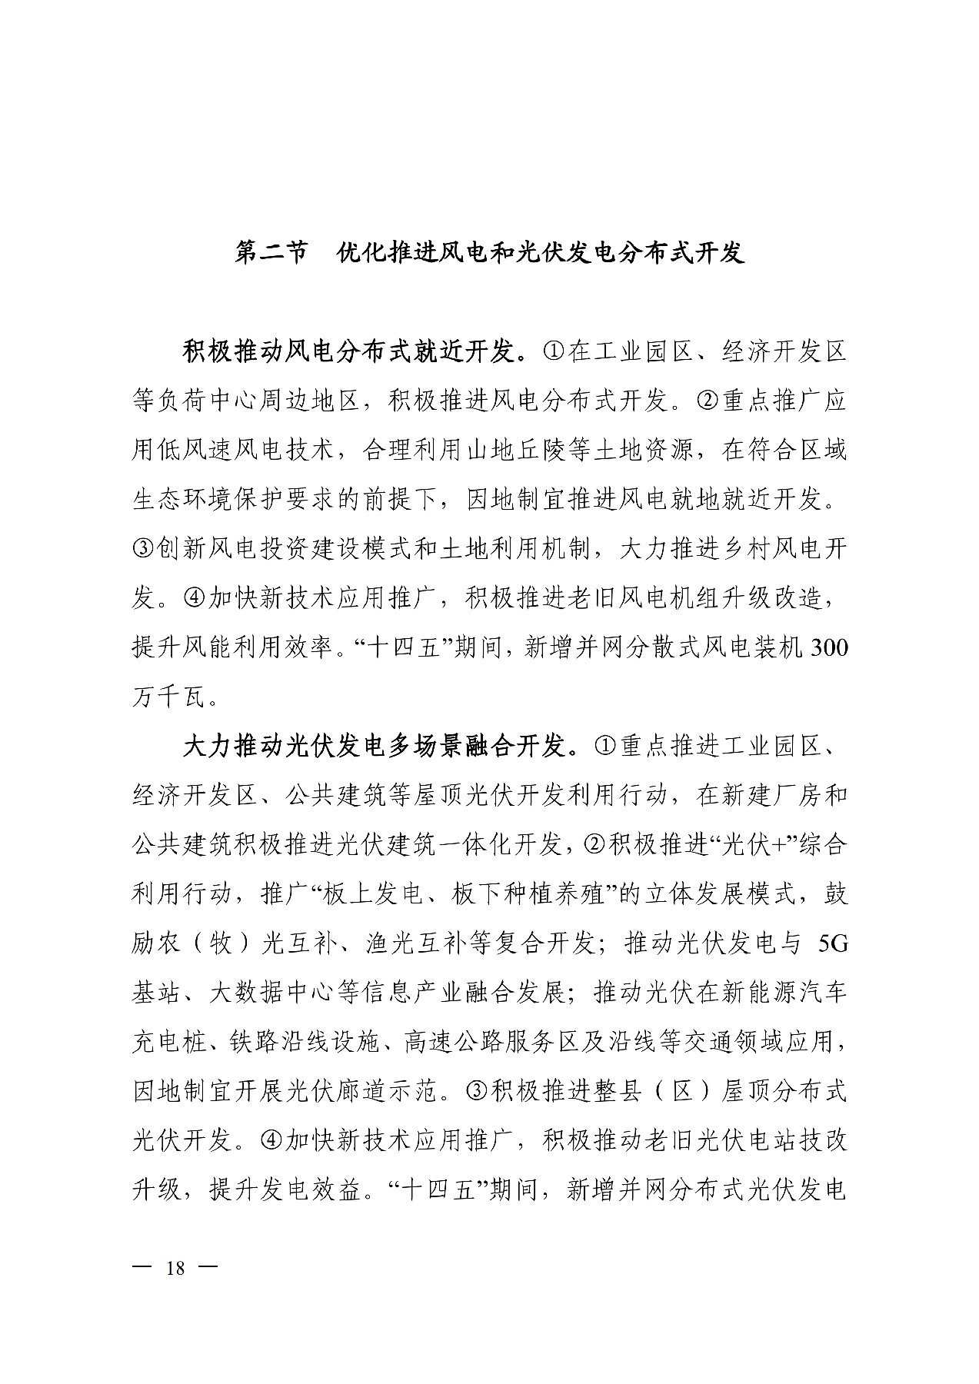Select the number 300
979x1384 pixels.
825,648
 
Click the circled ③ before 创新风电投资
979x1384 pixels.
143,550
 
